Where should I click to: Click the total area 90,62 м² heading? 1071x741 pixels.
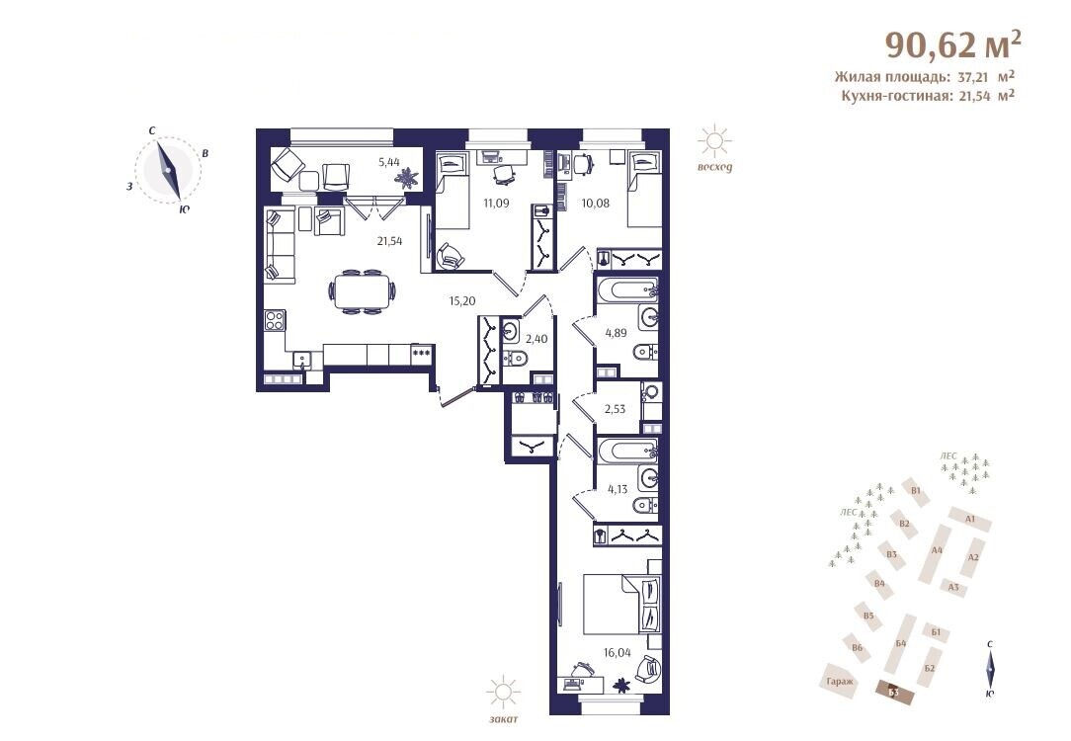(x=953, y=44)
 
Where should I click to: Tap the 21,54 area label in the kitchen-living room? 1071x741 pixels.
(x=390, y=240)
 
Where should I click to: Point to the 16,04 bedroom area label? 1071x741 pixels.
(x=617, y=652)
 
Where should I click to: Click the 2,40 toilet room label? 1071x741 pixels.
(x=536, y=338)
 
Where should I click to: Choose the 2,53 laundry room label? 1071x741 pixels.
(x=615, y=409)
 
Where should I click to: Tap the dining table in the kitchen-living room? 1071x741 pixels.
(x=361, y=292)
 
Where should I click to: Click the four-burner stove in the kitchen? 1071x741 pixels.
(x=275, y=320)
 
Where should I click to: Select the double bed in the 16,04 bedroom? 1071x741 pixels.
(x=622, y=605)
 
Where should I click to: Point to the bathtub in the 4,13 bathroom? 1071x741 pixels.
(x=626, y=451)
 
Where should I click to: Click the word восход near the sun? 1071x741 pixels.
(x=715, y=167)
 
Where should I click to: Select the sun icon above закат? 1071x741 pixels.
(x=504, y=694)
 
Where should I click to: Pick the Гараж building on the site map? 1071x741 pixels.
(x=840, y=680)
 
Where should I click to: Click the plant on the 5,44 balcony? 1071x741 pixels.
(x=408, y=178)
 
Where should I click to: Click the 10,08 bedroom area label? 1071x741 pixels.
(x=595, y=203)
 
